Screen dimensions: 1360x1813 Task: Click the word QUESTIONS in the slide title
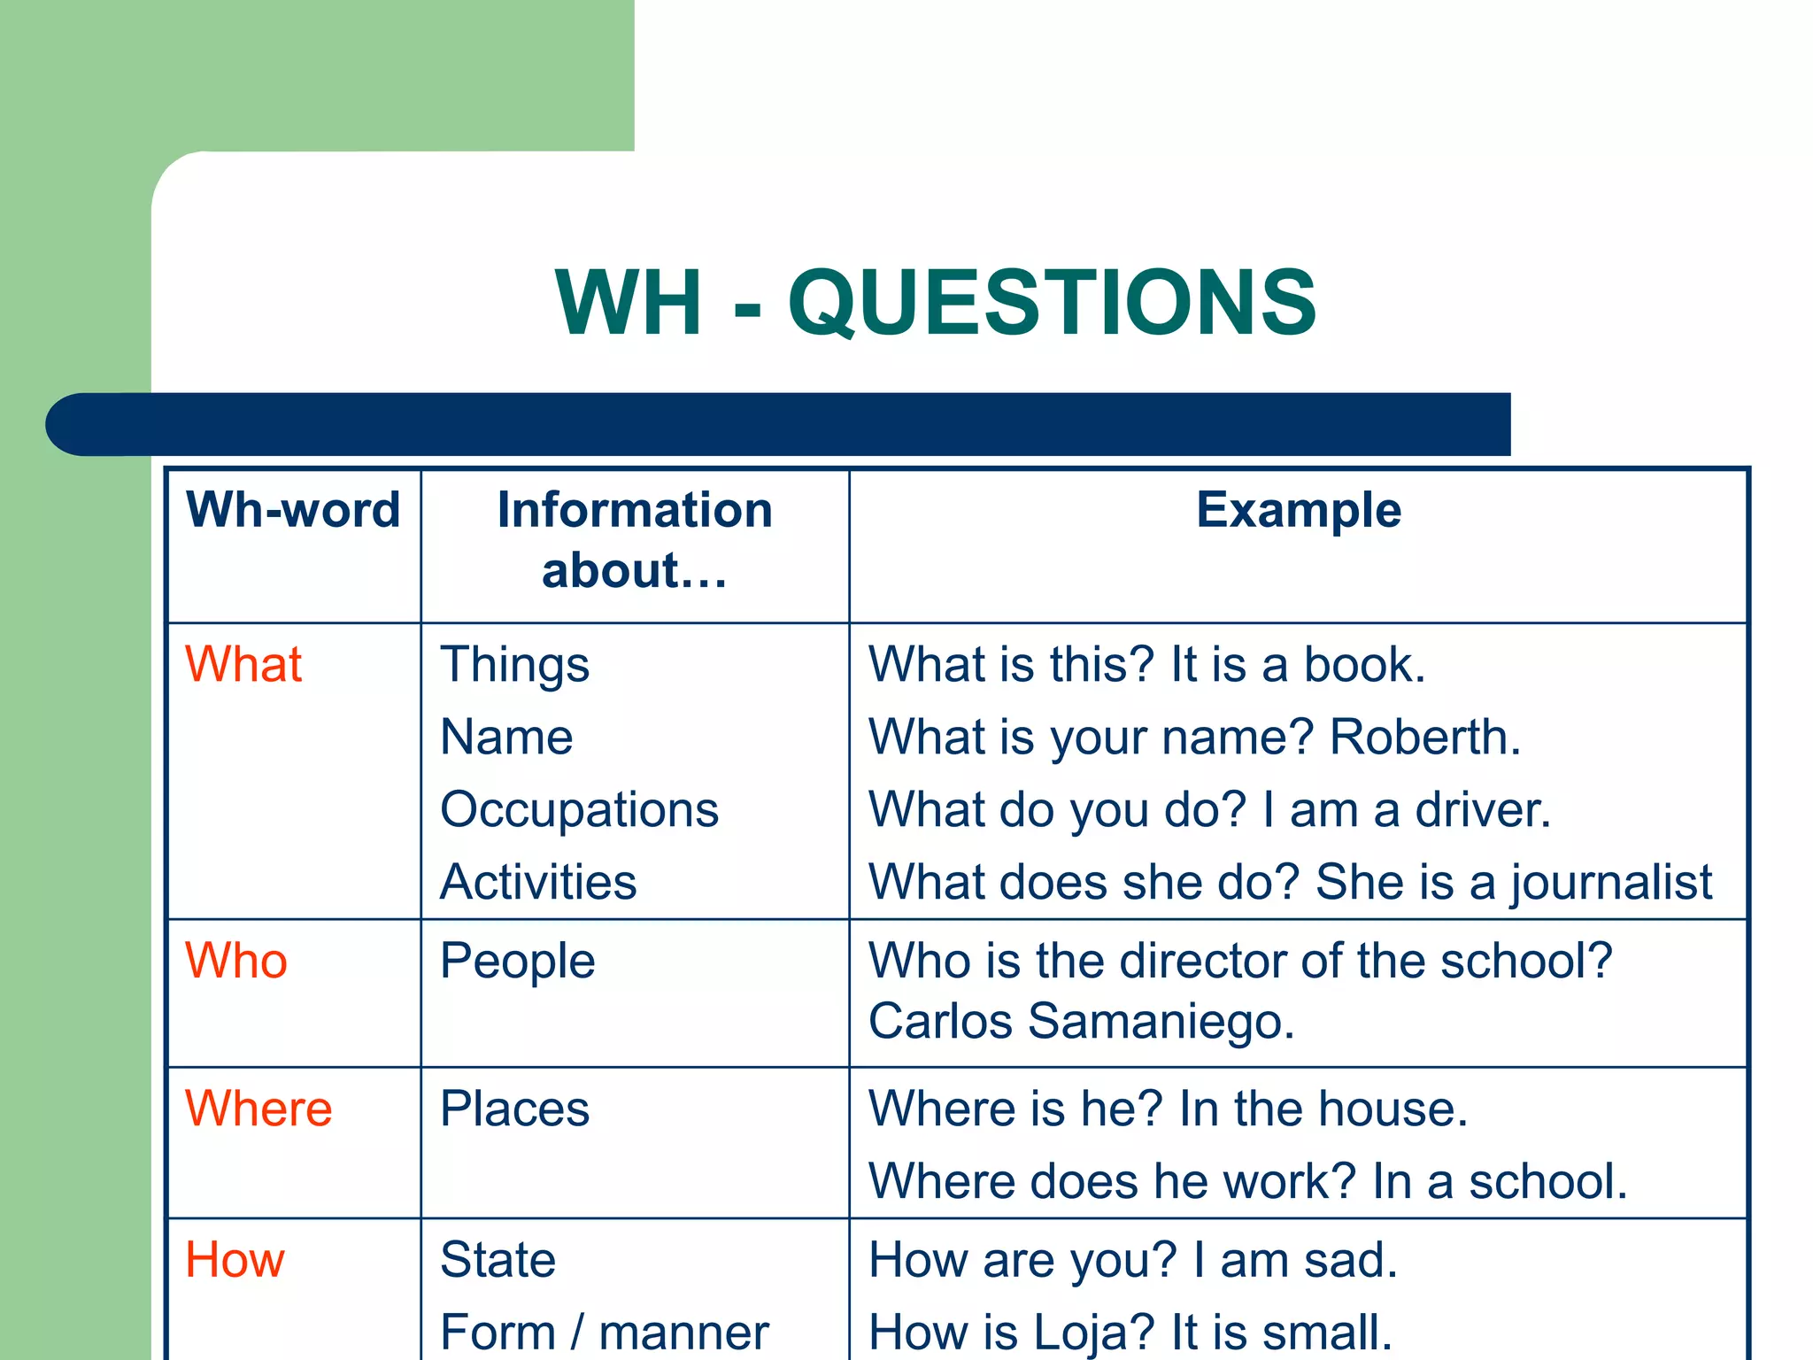[x=1052, y=303]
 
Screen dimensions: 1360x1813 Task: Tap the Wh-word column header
[x=293, y=510]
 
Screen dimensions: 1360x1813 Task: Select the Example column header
[x=1298, y=510]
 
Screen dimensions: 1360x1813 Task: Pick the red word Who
[x=236, y=961]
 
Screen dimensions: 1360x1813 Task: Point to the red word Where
[x=258, y=1109]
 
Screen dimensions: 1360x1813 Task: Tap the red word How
[x=235, y=1259]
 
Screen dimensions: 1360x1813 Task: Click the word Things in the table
[x=514, y=666]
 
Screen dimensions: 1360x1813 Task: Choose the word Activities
[x=538, y=882]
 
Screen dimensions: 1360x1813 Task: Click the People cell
[x=518, y=962]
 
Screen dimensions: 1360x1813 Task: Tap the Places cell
[x=514, y=1109]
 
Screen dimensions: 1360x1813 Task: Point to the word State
[x=498, y=1259]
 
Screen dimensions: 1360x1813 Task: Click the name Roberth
[x=1423, y=737]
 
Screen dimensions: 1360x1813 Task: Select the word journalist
[x=1611, y=883]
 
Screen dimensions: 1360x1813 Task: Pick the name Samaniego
[x=1160, y=1021]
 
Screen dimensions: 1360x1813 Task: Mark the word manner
[x=683, y=1333]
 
